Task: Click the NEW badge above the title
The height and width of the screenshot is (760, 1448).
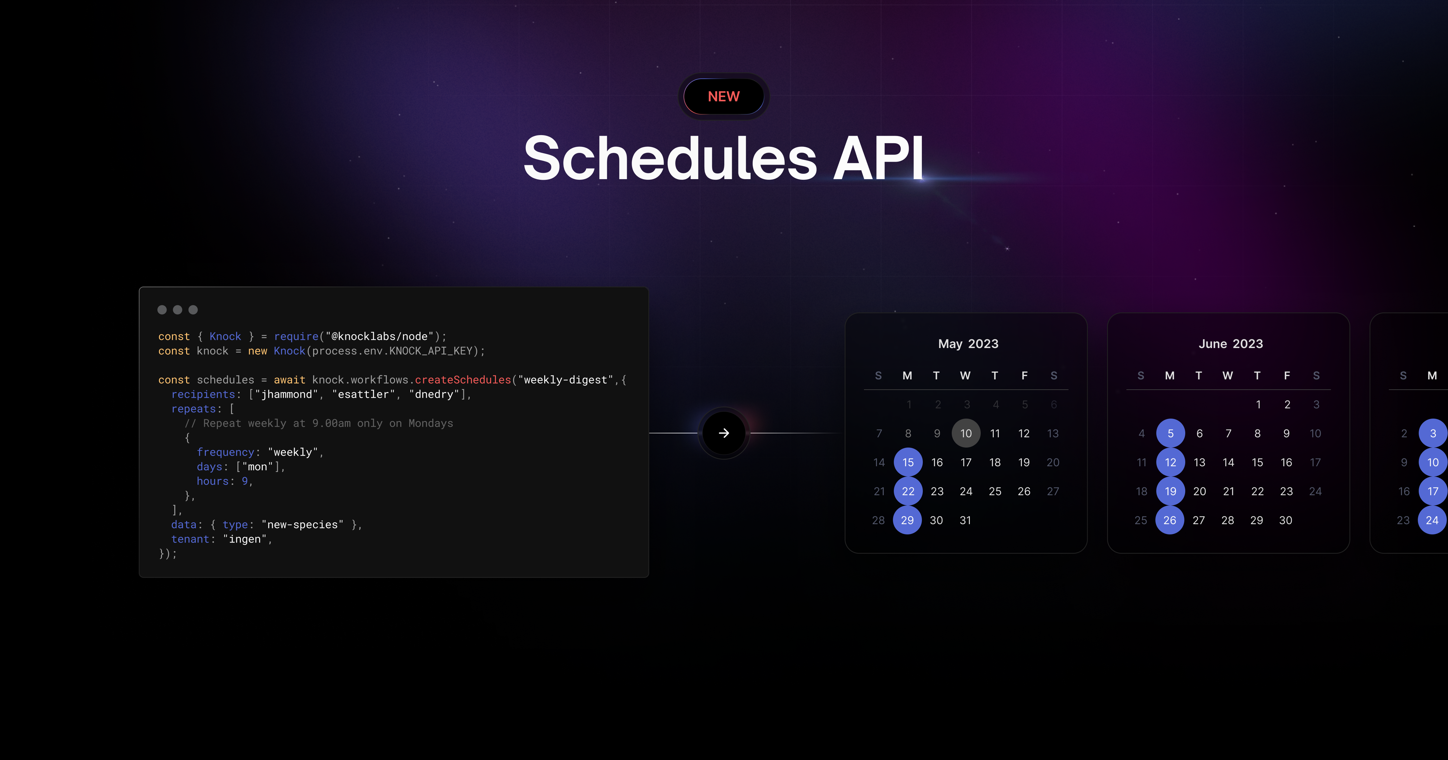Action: click(723, 97)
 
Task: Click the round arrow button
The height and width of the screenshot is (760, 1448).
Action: click(723, 433)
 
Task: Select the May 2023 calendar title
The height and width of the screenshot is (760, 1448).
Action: click(968, 344)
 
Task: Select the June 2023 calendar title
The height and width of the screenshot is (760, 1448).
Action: click(1230, 344)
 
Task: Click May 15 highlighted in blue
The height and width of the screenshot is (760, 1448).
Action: click(908, 462)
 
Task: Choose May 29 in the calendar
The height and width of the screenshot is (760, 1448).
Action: click(907, 520)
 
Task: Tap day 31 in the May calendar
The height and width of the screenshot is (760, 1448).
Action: click(965, 520)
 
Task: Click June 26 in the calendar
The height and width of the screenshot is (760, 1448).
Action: click(1170, 520)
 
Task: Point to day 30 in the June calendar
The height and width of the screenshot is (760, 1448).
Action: click(1285, 520)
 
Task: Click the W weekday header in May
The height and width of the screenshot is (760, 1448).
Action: click(965, 375)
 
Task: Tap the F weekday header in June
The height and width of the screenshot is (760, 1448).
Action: click(1287, 375)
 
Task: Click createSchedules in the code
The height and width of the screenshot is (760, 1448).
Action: click(463, 380)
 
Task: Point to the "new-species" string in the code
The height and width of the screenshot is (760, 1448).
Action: click(302, 524)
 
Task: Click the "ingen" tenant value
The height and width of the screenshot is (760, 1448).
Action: click(245, 539)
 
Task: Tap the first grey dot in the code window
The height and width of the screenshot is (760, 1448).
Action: click(162, 310)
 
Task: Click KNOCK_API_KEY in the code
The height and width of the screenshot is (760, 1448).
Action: click(430, 351)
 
